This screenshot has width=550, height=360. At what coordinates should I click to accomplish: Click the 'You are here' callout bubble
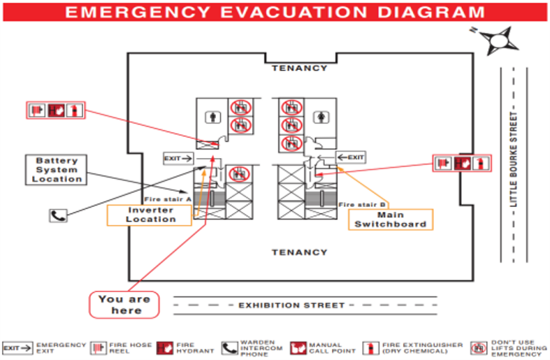pos(124,305)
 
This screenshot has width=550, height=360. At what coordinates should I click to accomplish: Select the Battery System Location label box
pos(56,170)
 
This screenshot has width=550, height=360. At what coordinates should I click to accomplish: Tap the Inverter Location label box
pos(150,215)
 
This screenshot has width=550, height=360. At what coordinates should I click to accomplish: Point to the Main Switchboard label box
pos(391,219)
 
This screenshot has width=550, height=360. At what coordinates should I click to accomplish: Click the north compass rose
pos(498,41)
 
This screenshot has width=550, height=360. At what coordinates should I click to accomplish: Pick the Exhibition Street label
pos(291,305)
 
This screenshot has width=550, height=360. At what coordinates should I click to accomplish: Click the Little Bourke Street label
pos(514,159)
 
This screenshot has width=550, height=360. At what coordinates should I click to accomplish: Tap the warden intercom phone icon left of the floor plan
pos(58,215)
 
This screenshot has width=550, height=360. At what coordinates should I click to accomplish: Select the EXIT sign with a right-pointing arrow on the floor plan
pos(178,159)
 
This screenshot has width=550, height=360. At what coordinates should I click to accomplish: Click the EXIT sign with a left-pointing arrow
pos(351,157)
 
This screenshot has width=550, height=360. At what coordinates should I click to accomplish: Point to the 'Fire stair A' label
pos(168,199)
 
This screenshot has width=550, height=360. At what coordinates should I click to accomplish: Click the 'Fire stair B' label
pos(362,205)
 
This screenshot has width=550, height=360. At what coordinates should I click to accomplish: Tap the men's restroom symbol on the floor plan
pos(213,117)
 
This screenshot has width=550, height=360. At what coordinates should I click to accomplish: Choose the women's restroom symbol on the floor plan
pos(321,117)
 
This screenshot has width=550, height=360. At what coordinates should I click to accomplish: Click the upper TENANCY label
pos(300,68)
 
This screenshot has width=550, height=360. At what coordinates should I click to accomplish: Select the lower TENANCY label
pos(300,252)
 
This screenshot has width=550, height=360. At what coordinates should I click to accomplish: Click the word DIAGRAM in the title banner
pos(431,13)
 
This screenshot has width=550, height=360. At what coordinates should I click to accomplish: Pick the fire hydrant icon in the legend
pos(165,348)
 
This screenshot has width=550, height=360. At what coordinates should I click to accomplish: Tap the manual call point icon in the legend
pos(298,348)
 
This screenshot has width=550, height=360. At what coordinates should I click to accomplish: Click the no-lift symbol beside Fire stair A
pos(239,174)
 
